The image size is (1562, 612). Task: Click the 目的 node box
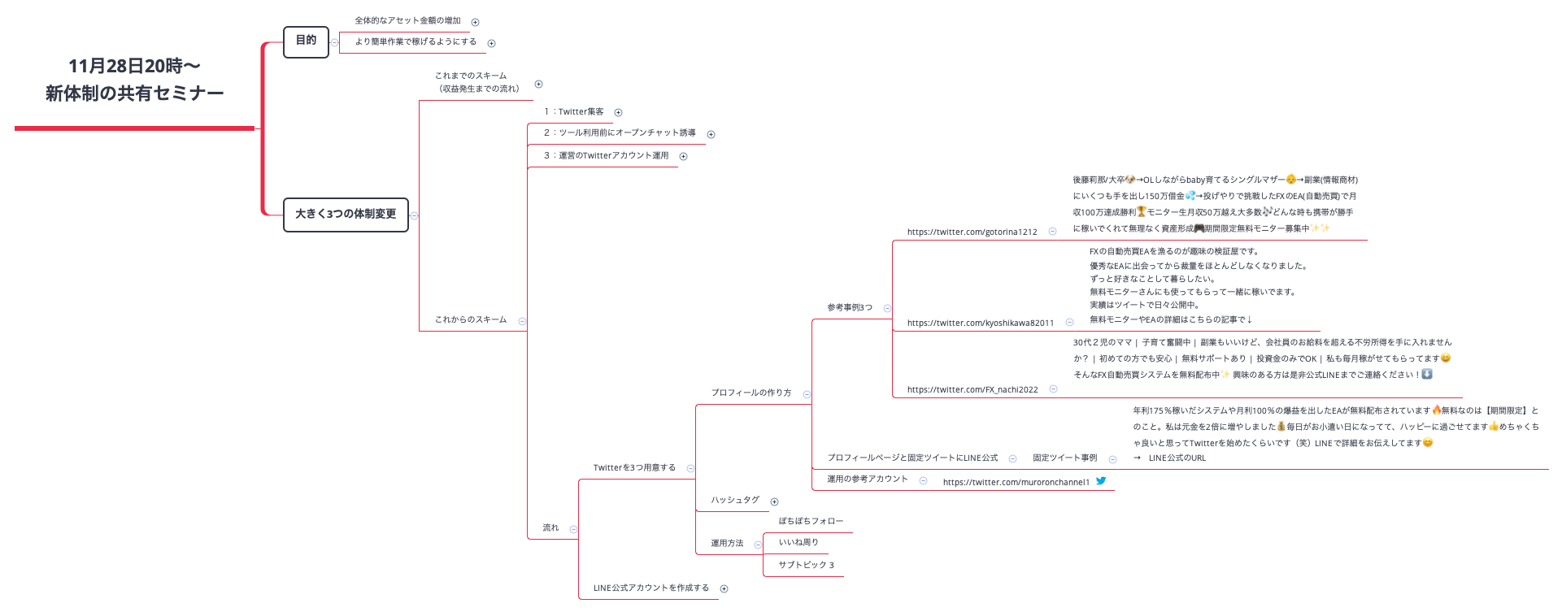click(306, 41)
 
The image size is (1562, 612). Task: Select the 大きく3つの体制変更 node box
click(346, 215)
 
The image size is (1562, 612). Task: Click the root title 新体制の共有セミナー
click(134, 93)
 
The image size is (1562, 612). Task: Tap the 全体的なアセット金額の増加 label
click(407, 21)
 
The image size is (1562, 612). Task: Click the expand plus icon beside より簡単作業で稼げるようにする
click(491, 44)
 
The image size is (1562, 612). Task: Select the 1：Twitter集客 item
click(574, 112)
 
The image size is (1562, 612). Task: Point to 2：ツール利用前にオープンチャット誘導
click(620, 133)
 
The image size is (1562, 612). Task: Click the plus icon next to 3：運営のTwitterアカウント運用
click(683, 157)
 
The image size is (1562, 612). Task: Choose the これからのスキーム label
click(470, 320)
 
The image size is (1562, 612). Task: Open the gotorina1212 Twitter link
click(972, 232)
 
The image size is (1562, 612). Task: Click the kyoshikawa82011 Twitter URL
click(980, 323)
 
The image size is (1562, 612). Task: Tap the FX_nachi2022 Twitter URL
click(972, 390)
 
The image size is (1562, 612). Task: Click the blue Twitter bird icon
click(1101, 481)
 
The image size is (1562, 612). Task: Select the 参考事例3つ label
click(850, 308)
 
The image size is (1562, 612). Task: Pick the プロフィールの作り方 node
click(751, 393)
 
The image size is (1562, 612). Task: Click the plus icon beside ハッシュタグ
click(774, 502)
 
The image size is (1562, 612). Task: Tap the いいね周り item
click(798, 543)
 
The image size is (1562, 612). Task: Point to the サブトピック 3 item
click(806, 566)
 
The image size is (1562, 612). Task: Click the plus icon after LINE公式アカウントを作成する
click(724, 589)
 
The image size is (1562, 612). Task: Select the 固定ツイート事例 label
click(1064, 458)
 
